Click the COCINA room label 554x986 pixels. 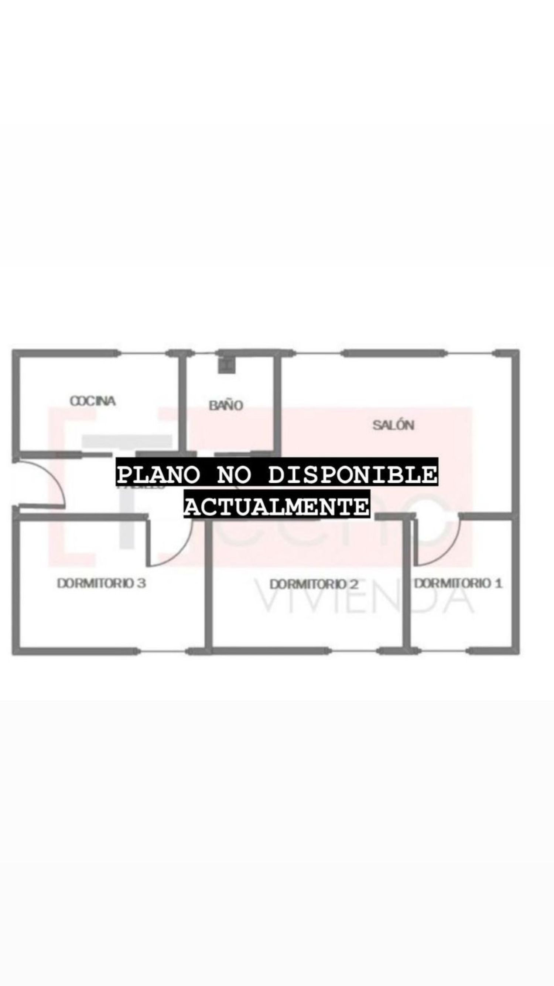point(93,401)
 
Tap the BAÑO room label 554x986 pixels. point(226,405)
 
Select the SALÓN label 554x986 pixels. point(393,425)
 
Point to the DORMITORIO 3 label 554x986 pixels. point(101,583)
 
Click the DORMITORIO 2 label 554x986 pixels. point(314,584)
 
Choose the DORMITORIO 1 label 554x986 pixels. point(458,583)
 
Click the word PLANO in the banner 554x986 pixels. point(159,475)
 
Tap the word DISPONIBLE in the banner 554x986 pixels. point(352,475)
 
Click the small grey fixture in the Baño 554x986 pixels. point(226,364)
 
